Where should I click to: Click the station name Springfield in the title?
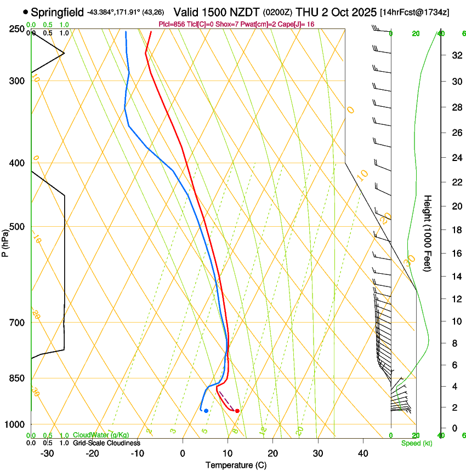pos(58,12)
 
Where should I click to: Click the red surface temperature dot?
pos(237,411)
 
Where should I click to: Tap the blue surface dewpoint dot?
pos(206,410)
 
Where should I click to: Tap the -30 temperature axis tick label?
pos(47,453)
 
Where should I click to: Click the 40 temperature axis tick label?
pos(363,453)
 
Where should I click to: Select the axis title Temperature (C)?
pos(236,465)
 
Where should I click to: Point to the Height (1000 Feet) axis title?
pos(428,233)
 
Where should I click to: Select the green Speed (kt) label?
pos(416,443)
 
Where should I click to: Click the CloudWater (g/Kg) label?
pos(101,435)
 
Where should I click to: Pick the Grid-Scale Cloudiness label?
pos(106,443)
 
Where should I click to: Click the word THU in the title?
pos(308,12)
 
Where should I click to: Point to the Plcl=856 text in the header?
pos(171,24)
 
